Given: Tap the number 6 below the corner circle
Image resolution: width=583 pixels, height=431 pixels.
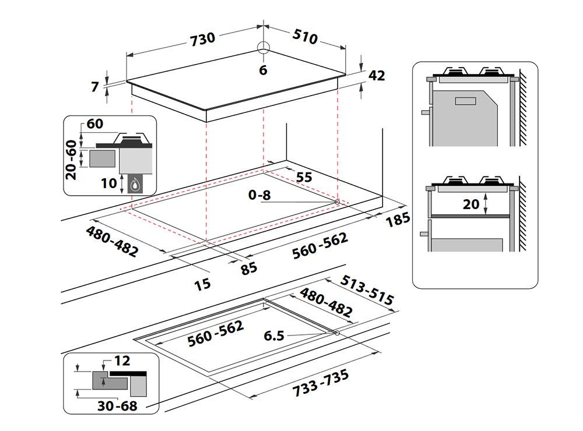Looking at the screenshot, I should point(263,70).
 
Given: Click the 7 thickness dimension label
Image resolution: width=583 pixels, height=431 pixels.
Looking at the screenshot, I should point(96,87).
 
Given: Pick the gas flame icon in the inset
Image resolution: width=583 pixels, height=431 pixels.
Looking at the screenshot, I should point(135,185).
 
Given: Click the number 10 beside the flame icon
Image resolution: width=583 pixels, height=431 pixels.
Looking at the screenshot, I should point(108,183).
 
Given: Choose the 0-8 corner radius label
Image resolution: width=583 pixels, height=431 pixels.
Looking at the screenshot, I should point(259,195).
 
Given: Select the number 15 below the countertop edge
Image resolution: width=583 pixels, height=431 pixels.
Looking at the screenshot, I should point(203,284).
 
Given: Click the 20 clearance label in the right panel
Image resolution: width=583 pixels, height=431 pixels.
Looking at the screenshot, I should point(471,204).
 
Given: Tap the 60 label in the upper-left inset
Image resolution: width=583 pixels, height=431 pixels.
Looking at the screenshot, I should point(94,124).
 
